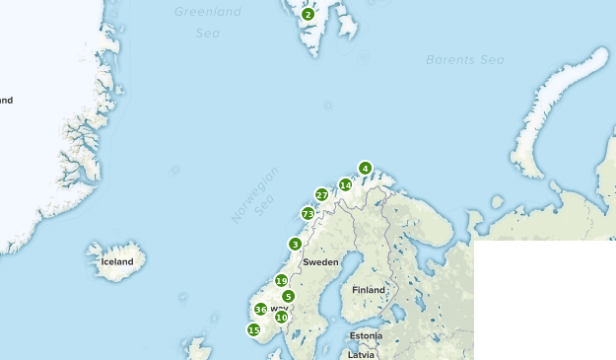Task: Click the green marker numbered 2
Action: pyautogui.click(x=308, y=14)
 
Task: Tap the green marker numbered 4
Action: pyautogui.click(x=365, y=168)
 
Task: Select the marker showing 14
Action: pyautogui.click(x=345, y=184)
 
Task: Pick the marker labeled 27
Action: pyautogui.click(x=321, y=194)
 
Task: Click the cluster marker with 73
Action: pyautogui.click(x=308, y=213)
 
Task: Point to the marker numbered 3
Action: pyautogui.click(x=295, y=244)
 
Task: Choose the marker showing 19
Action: pyautogui.click(x=281, y=281)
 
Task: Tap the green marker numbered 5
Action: pyautogui.click(x=288, y=296)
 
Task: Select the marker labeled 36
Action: pyautogui.click(x=260, y=309)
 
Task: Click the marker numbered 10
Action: pyautogui.click(x=281, y=317)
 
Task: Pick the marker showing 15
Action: pyautogui.click(x=253, y=329)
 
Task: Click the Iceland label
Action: pyautogui.click(x=116, y=261)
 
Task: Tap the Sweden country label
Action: pyautogui.click(x=320, y=262)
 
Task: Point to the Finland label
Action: pyautogui.click(x=369, y=290)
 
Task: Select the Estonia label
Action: pyautogui.click(x=366, y=335)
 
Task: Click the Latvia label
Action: pyautogui.click(x=363, y=352)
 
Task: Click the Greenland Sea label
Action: pyautogui.click(x=207, y=22)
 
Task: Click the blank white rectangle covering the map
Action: pyautogui.click(x=544, y=299)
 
